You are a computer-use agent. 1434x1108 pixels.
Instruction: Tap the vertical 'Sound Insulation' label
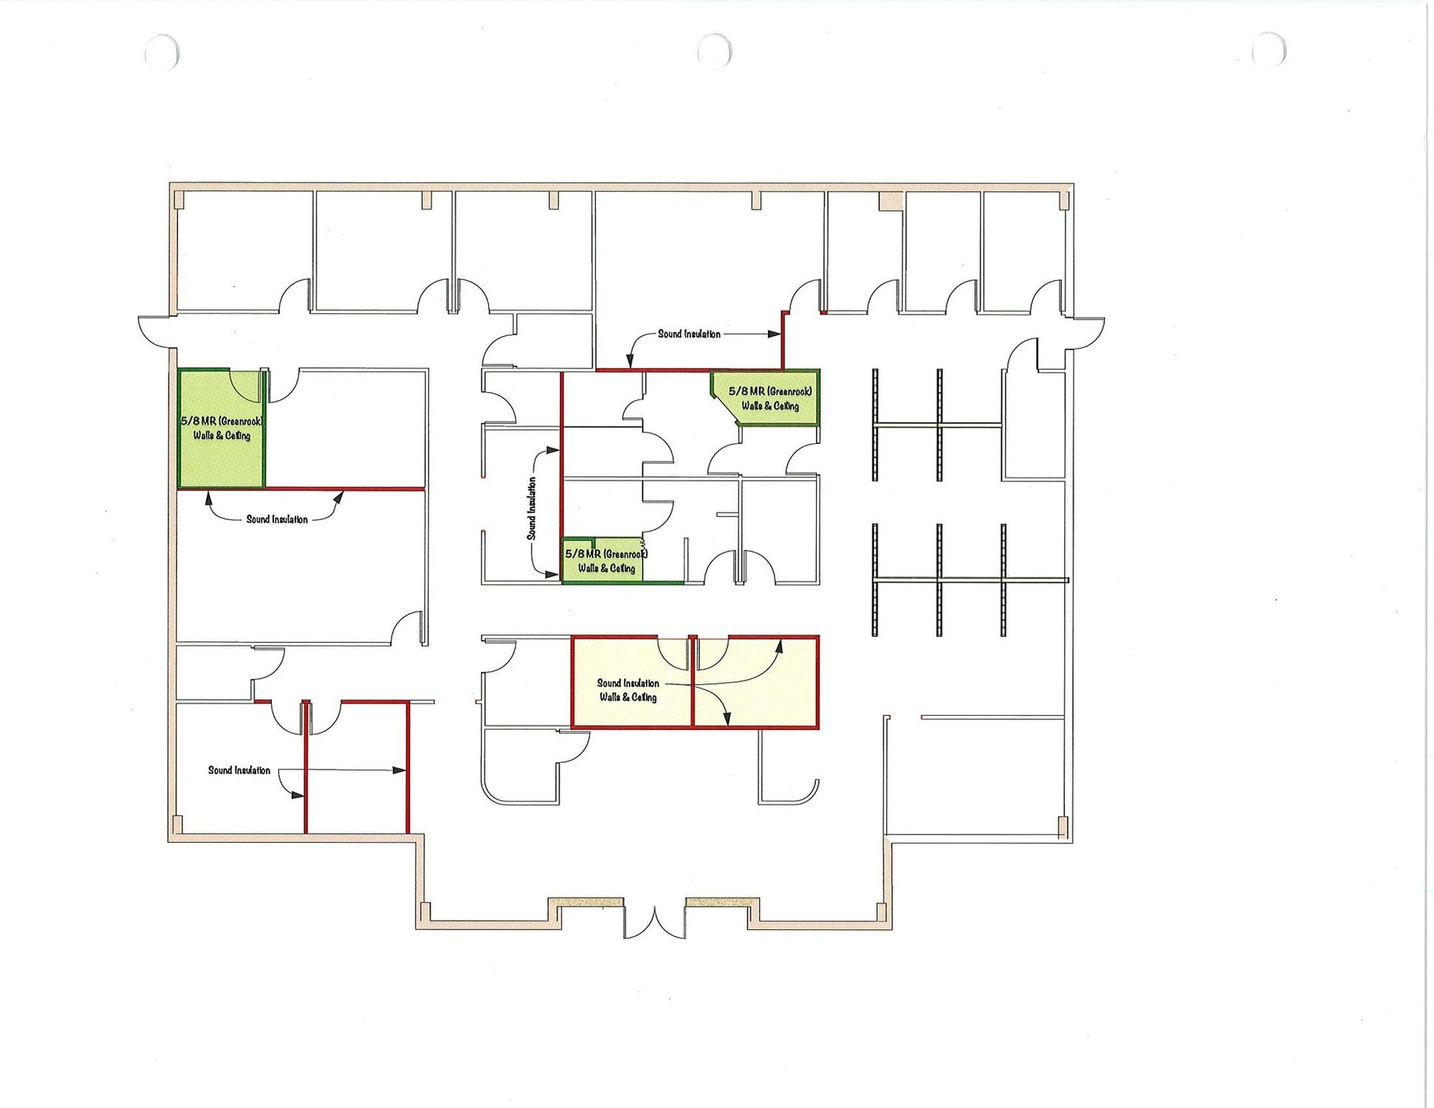pyautogui.click(x=532, y=508)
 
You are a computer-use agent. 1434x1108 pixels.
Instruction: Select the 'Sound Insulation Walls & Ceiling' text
pyautogui.click(x=628, y=690)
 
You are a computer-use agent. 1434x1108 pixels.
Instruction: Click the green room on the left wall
pyautogui.click(x=221, y=428)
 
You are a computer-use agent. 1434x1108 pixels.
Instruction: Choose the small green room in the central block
pyautogui.click(x=602, y=561)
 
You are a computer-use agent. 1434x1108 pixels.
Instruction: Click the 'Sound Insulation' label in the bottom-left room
pyautogui.click(x=239, y=770)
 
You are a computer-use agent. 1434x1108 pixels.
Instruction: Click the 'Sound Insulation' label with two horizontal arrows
pyautogui.click(x=689, y=334)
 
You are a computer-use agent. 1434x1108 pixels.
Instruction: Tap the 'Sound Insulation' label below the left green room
pyautogui.click(x=277, y=519)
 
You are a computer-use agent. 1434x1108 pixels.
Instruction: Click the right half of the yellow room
pyautogui.click(x=755, y=682)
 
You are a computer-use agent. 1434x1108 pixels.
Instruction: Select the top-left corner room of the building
pyautogui.click(x=244, y=251)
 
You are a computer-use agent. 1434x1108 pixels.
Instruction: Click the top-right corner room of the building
pyautogui.click(x=1023, y=251)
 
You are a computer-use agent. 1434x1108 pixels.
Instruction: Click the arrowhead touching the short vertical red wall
pyautogui.click(x=775, y=334)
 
